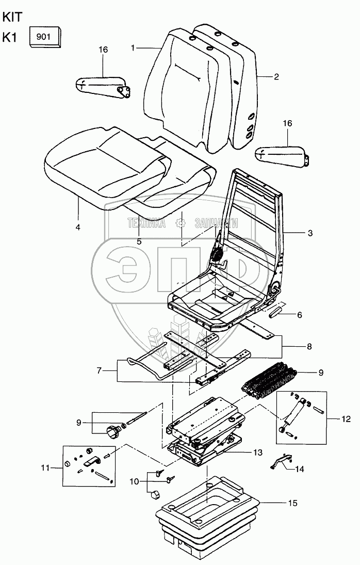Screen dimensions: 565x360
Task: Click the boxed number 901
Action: pyautogui.click(x=46, y=37)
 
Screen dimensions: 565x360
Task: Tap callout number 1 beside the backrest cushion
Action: pyautogui.click(x=133, y=48)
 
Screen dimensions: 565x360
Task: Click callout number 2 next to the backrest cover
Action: pyautogui.click(x=276, y=77)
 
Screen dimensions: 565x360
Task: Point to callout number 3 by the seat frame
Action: pyautogui.click(x=310, y=233)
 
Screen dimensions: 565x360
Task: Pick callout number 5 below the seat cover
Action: pyautogui.click(x=139, y=241)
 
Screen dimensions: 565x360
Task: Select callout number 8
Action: pyautogui.click(x=309, y=346)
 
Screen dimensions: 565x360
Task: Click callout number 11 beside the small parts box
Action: pyautogui.click(x=45, y=467)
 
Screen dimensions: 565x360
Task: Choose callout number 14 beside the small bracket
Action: pyautogui.click(x=299, y=470)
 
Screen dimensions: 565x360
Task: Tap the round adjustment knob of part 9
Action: pyautogui.click(x=112, y=431)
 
